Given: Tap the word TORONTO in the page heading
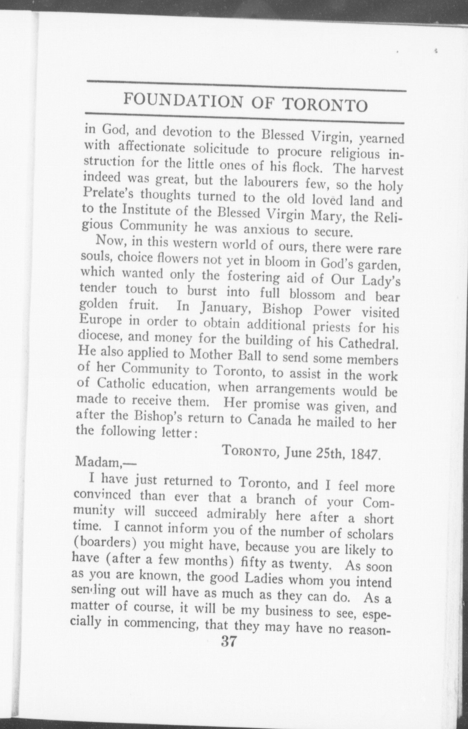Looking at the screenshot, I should coord(326,105).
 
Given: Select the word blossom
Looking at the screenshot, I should coord(313,295).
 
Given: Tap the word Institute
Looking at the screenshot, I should coord(144,211).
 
